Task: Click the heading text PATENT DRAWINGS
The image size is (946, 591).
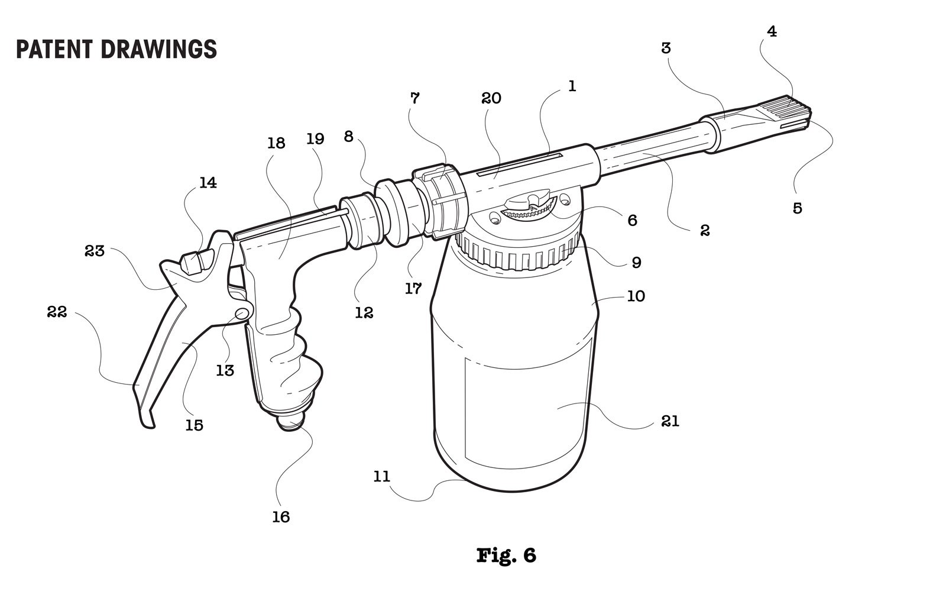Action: pyautogui.click(x=116, y=49)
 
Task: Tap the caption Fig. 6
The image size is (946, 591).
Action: pyautogui.click(x=506, y=555)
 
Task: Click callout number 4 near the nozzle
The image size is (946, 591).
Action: pyautogui.click(x=772, y=31)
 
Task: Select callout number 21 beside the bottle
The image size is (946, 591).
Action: pyautogui.click(x=670, y=421)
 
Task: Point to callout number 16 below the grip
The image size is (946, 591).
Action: pyautogui.click(x=281, y=516)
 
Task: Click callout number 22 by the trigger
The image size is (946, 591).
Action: pyautogui.click(x=57, y=312)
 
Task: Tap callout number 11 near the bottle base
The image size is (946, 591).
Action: pyautogui.click(x=382, y=476)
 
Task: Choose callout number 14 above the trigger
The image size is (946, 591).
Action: pyautogui.click(x=208, y=183)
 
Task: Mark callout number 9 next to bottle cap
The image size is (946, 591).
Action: pyautogui.click(x=636, y=262)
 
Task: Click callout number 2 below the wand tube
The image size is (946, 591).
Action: pyautogui.click(x=704, y=230)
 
